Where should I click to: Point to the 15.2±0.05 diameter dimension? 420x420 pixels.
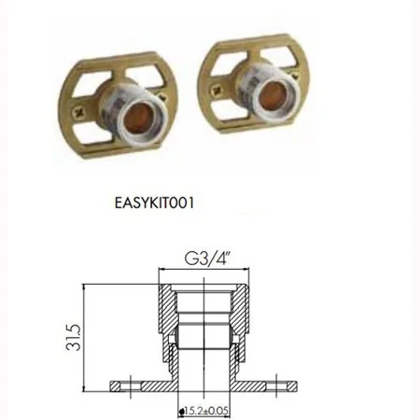tap(204, 408)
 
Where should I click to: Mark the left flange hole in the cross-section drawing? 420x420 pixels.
tap(121, 383)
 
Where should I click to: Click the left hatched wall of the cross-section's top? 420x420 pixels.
tap(165, 308)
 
